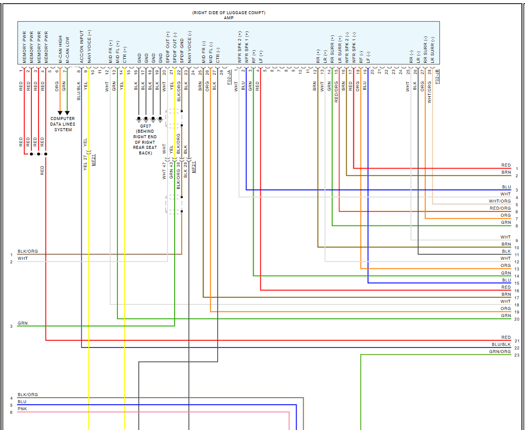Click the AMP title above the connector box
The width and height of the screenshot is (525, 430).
[x=228, y=18]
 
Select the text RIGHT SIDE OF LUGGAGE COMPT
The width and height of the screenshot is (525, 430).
[x=228, y=13]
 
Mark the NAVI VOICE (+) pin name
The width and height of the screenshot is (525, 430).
[x=89, y=47]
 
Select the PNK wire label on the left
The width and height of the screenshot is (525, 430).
[x=22, y=409]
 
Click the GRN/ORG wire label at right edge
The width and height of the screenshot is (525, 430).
[x=500, y=351]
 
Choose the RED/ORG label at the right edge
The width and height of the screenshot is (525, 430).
[x=500, y=208]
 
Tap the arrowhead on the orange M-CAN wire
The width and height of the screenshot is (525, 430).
[x=60, y=113]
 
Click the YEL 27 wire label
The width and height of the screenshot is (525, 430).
[x=85, y=162]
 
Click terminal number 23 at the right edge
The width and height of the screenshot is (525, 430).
[x=516, y=355]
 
